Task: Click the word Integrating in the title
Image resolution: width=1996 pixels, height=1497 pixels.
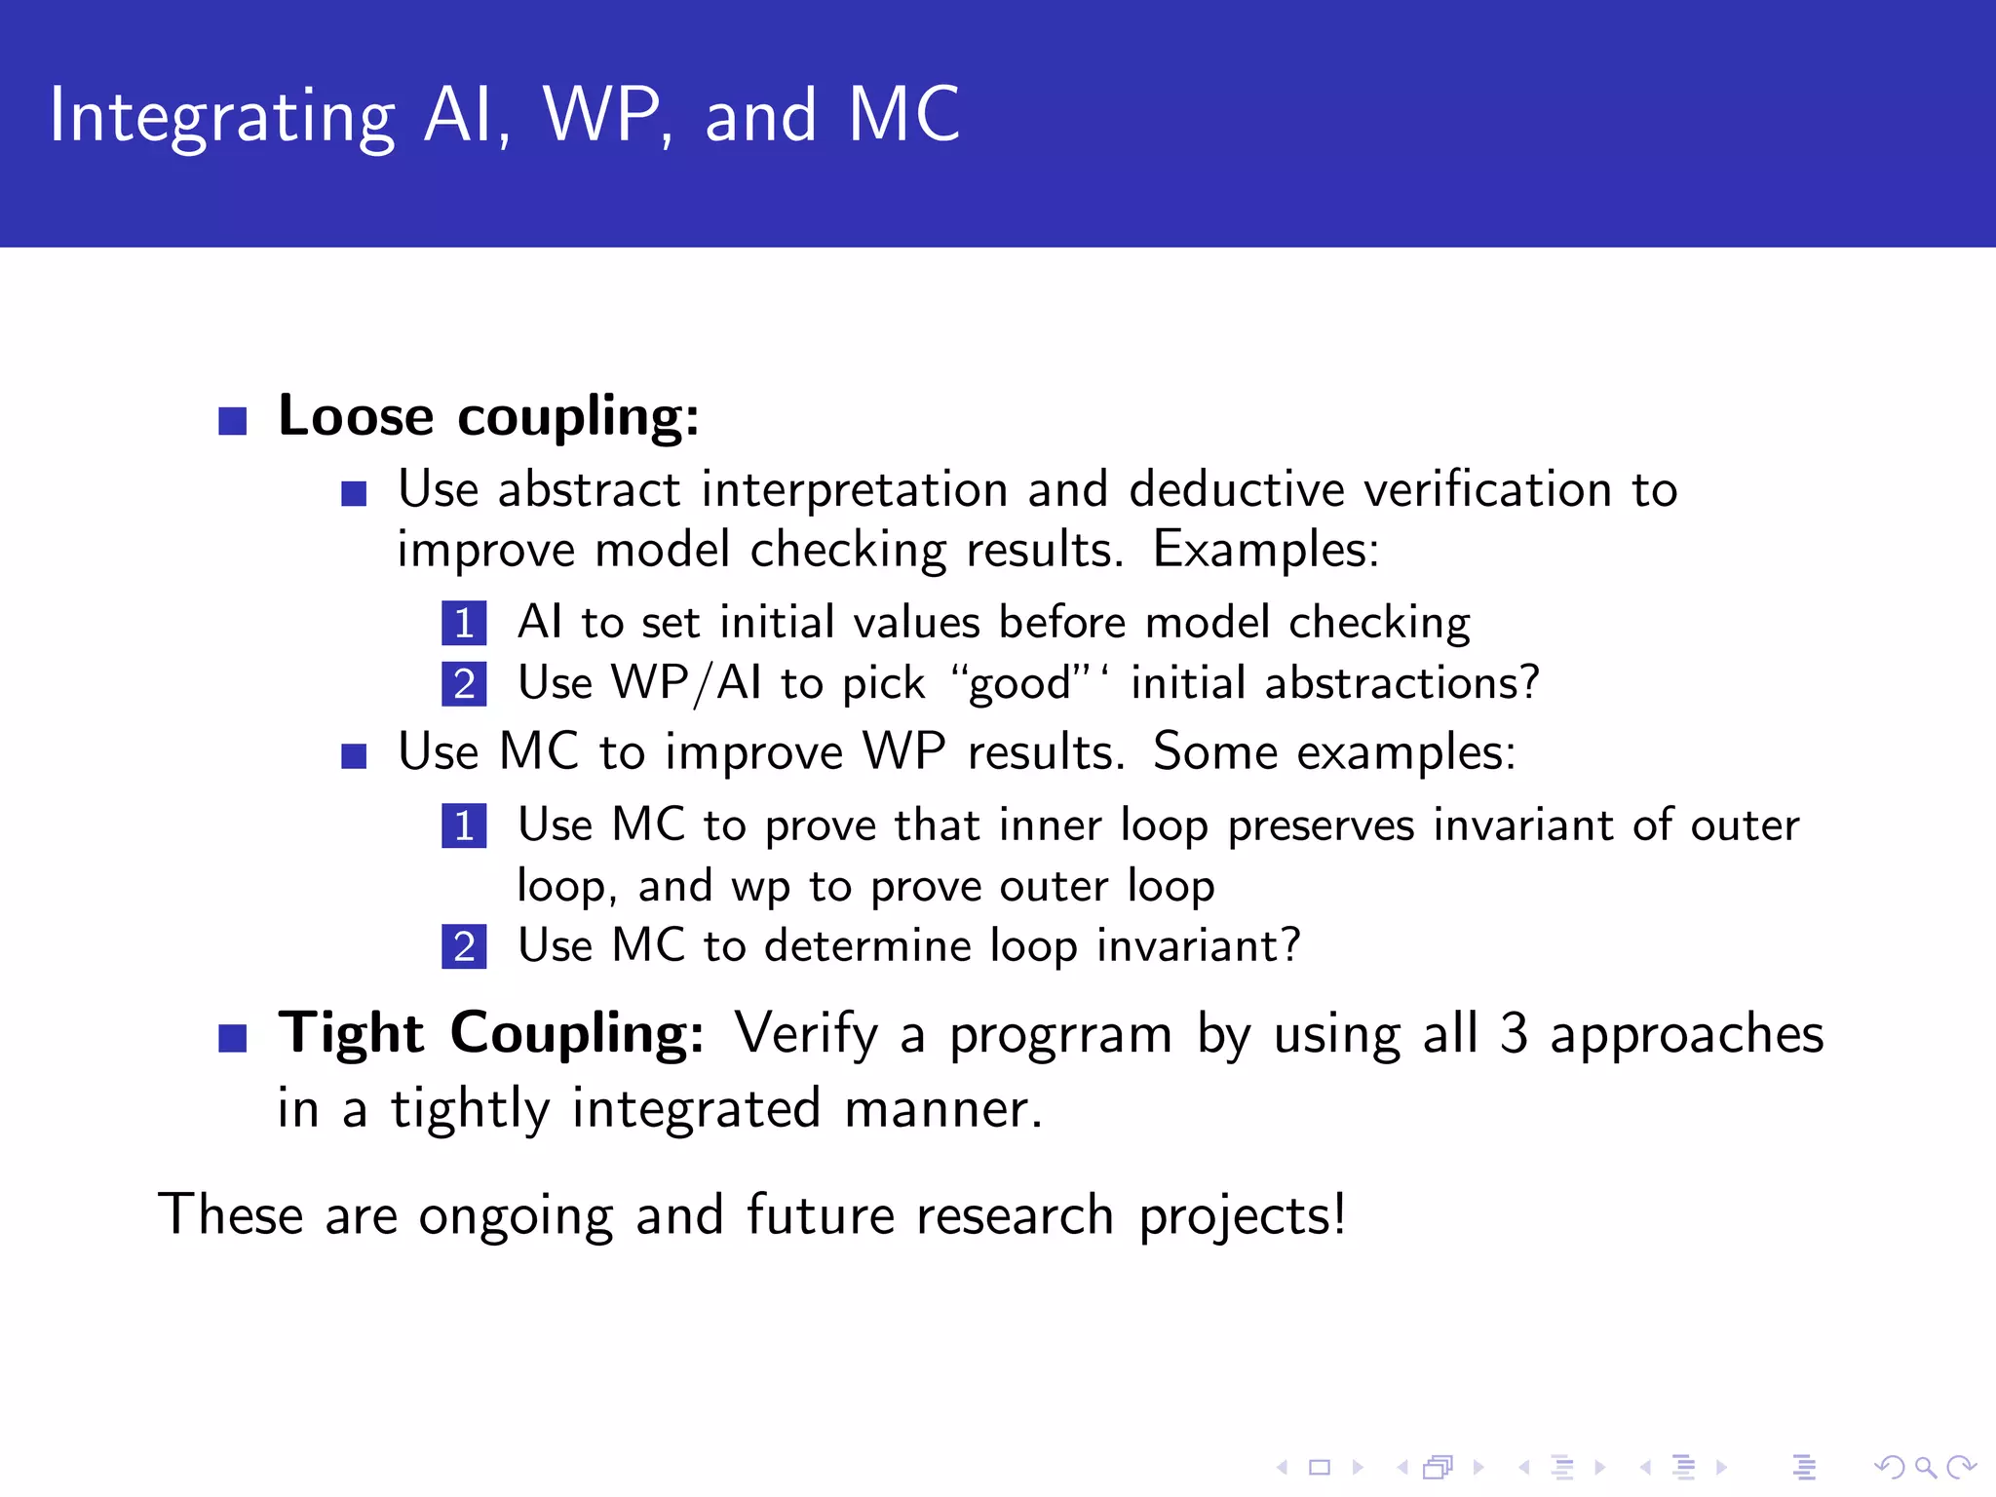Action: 222,117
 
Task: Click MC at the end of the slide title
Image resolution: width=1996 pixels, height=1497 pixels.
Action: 903,115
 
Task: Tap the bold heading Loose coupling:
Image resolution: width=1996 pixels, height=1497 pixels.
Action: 488,416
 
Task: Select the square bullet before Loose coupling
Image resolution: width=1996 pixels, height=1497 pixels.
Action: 233,421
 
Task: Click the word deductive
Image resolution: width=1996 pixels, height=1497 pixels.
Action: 1236,488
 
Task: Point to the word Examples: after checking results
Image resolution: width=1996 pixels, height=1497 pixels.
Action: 1265,549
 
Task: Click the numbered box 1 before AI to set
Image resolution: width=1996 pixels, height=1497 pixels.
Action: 464,624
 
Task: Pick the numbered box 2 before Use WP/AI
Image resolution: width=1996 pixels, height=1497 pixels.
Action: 464,684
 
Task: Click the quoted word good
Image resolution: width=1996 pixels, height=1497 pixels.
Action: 1019,684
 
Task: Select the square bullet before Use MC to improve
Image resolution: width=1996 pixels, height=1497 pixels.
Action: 354,756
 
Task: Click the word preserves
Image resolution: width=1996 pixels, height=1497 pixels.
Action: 1320,825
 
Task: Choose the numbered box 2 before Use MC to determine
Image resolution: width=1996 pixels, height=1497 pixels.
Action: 464,947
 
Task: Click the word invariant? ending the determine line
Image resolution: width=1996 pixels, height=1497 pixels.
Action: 1198,945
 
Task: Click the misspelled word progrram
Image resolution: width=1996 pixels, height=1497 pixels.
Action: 1060,1035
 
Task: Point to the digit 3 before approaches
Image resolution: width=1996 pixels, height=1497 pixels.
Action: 1513,1033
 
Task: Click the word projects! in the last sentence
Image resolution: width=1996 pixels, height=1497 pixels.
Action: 1242,1216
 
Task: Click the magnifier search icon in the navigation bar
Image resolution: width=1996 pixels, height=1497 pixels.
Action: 1925,1467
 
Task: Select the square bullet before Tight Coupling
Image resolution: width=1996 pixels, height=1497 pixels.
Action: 233,1038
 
